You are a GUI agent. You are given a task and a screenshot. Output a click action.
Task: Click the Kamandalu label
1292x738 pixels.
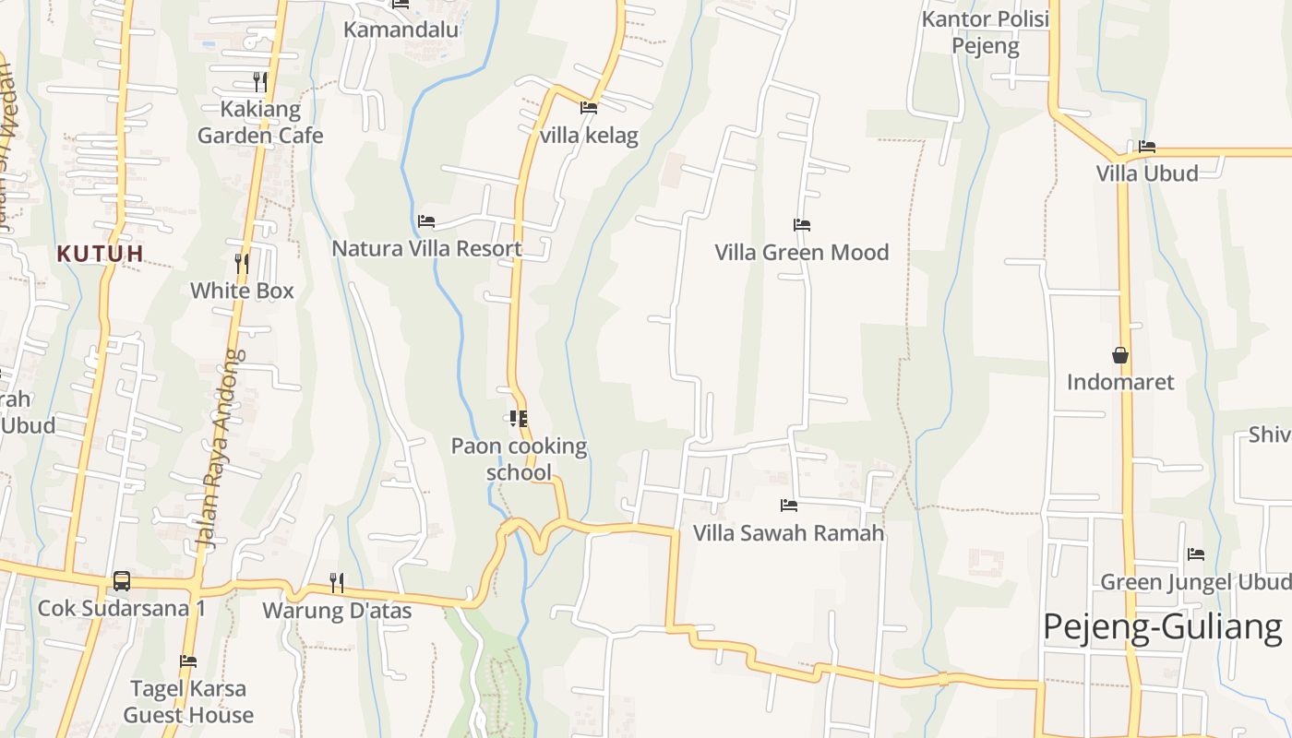point(401,30)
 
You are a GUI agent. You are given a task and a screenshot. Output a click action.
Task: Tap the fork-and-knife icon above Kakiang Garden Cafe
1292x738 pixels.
point(260,82)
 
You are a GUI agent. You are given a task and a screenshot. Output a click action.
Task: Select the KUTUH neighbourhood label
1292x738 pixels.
point(100,253)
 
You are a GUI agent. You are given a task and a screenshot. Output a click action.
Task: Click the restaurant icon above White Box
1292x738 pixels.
point(242,264)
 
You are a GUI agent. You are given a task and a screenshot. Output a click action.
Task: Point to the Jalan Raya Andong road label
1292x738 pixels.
point(220,448)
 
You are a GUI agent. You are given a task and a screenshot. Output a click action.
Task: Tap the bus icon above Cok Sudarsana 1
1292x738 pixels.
point(121,581)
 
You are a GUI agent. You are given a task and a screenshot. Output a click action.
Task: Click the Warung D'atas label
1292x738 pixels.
point(337,610)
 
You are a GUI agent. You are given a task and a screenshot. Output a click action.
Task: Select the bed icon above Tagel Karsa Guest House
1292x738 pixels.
point(188,661)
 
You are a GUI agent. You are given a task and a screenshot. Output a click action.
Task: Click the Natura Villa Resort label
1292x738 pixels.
point(426,248)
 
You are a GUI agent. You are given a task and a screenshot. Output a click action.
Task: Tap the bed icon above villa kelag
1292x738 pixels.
point(588,108)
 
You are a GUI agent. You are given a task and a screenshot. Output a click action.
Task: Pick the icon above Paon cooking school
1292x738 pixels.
point(519,419)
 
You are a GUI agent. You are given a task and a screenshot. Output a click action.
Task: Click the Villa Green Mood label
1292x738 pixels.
point(801,252)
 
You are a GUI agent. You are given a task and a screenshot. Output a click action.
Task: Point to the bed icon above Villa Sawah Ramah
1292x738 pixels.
point(788,506)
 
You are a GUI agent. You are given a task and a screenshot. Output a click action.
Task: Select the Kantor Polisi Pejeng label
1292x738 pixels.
point(986,32)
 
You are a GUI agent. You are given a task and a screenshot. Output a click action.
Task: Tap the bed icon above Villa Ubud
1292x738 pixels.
point(1147,146)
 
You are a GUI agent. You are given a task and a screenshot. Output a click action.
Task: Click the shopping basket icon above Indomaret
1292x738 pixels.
point(1120,355)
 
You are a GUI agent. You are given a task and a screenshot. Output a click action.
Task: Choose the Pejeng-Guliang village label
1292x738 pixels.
point(1162,627)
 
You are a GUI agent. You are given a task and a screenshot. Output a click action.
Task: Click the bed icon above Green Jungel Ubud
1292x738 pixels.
point(1196,554)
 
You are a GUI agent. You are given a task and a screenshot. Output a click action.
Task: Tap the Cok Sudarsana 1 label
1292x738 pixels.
point(121,609)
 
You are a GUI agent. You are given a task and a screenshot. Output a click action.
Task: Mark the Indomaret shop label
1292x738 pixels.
point(1120,382)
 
